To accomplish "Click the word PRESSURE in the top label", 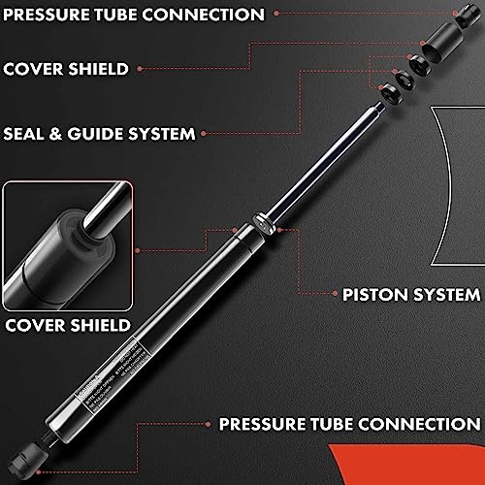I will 49,15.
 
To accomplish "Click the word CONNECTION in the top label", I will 208,15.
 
